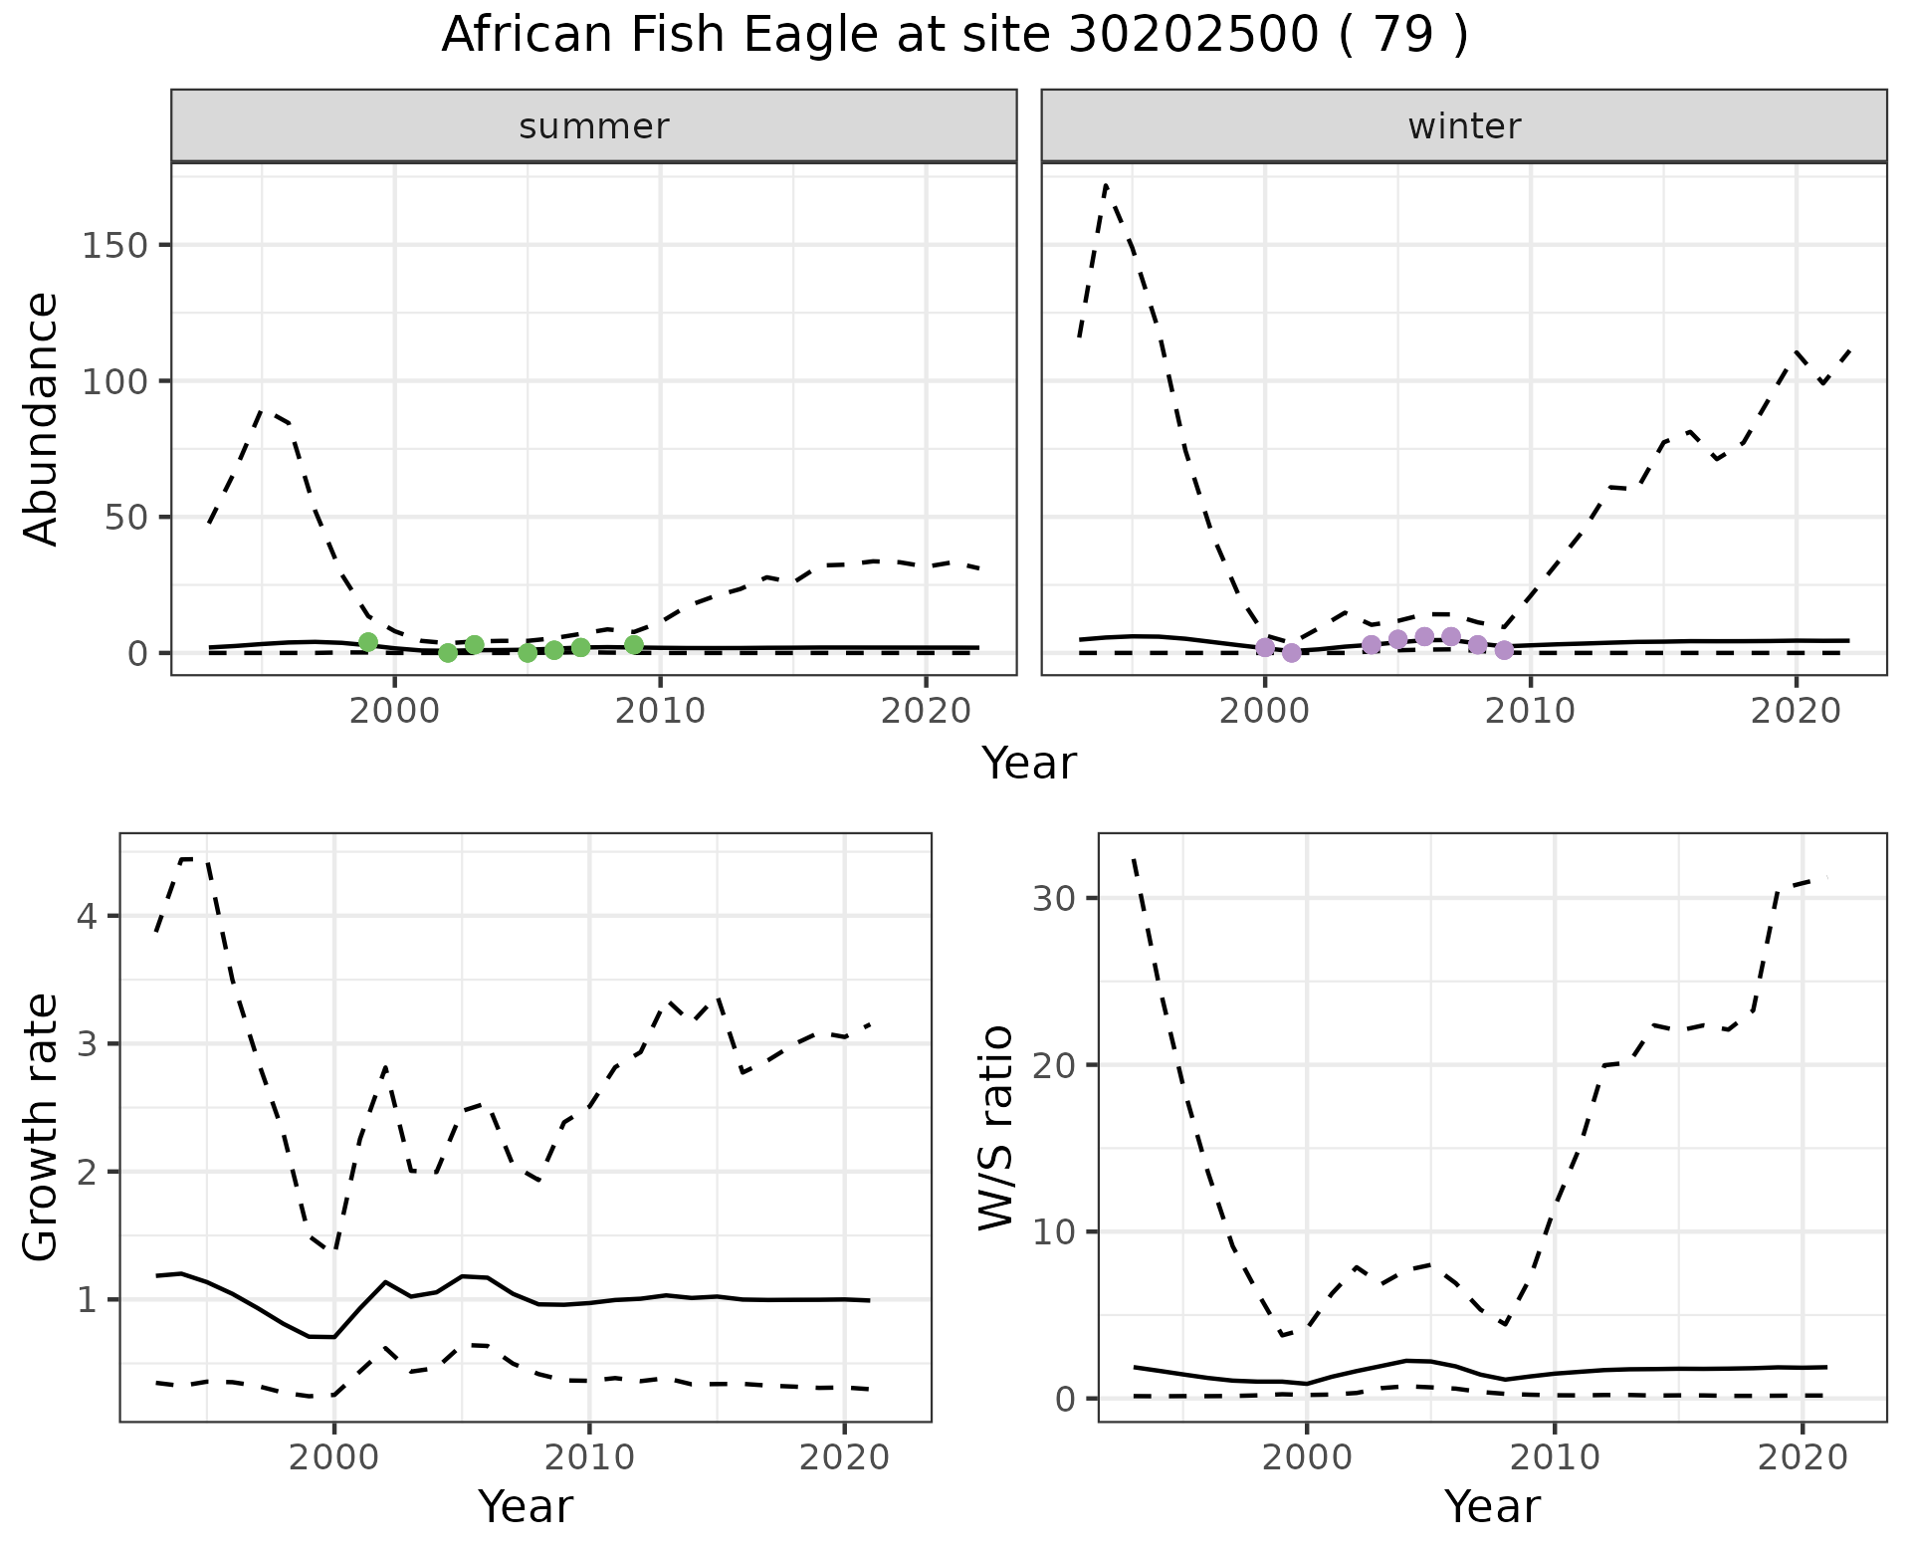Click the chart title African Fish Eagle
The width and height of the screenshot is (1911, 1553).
(x=954, y=36)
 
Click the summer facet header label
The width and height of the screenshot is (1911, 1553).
(x=594, y=126)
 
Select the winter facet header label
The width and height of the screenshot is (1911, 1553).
(x=1464, y=126)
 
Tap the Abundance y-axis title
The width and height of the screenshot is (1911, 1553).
(x=41, y=418)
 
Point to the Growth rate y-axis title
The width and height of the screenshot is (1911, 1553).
(x=41, y=1128)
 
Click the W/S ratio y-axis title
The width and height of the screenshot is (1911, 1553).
(x=995, y=1128)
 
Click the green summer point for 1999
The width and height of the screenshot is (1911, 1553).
(x=368, y=642)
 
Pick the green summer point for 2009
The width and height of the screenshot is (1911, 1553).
(x=634, y=645)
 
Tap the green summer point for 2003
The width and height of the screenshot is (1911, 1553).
(x=475, y=645)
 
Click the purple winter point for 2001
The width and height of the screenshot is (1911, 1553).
(x=1292, y=653)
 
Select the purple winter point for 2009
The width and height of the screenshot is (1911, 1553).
(x=1504, y=650)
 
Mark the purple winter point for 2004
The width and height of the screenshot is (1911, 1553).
(x=1372, y=645)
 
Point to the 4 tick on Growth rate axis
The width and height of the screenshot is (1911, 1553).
(x=87, y=916)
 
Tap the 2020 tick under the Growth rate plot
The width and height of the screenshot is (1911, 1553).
(x=844, y=1458)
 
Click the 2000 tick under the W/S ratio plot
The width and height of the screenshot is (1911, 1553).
(x=1307, y=1458)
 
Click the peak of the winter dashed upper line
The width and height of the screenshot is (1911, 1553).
(x=1106, y=185)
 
